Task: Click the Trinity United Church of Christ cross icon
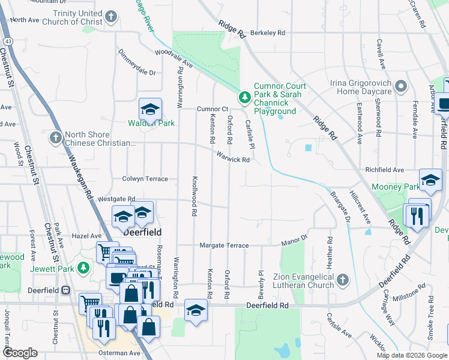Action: [x=110, y=17]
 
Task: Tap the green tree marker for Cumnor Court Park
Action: [x=245, y=97]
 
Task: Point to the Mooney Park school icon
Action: [x=430, y=179]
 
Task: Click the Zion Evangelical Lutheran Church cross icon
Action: [x=342, y=280]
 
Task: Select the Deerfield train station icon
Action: [x=65, y=289]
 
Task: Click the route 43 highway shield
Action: [x=7, y=41]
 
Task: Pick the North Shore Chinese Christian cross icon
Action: [x=56, y=138]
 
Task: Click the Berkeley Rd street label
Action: [x=268, y=33]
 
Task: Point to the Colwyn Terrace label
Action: [x=145, y=179]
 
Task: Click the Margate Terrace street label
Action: [x=224, y=245]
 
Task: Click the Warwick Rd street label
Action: [x=234, y=158]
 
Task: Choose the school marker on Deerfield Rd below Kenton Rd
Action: [x=196, y=310]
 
